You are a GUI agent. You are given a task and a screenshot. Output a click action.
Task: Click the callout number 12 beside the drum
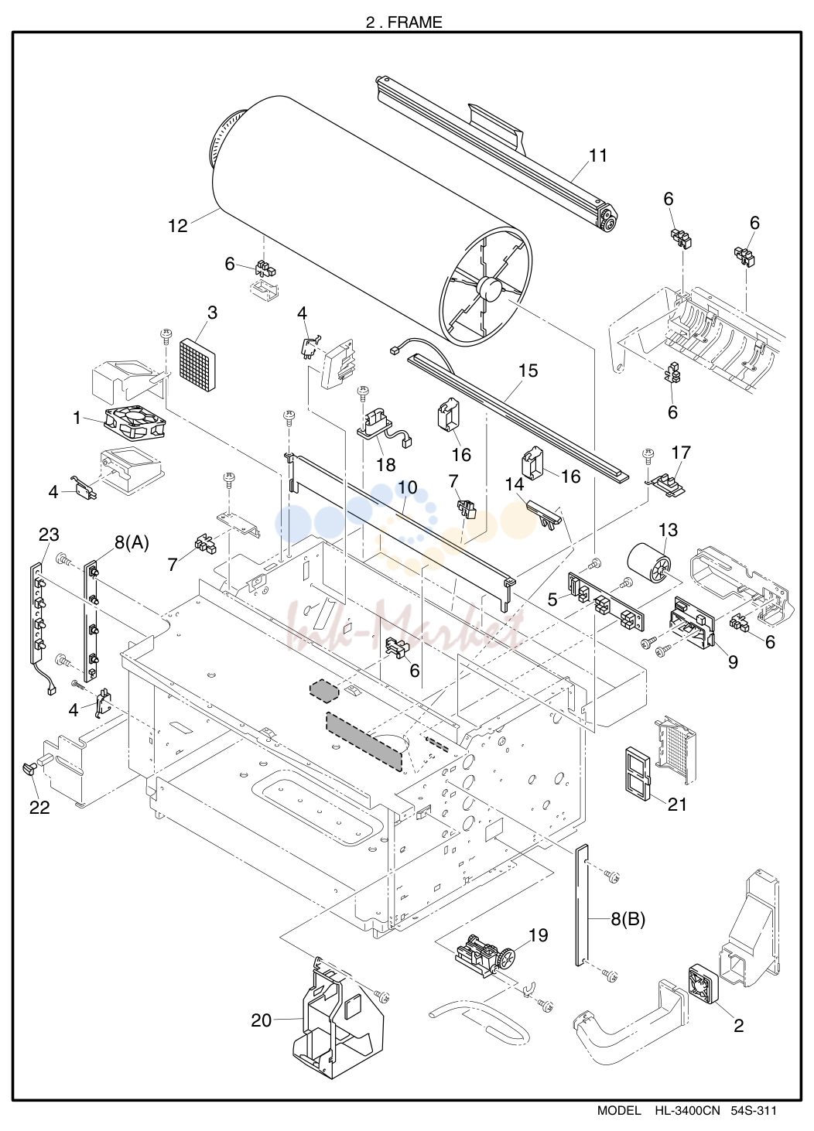[x=178, y=226]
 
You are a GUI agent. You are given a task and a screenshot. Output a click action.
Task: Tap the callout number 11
[x=598, y=155]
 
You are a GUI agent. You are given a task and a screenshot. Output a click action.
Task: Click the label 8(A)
[x=132, y=543]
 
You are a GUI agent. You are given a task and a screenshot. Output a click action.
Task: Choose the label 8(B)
[x=628, y=920]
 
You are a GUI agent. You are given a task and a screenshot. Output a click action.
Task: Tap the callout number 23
[x=49, y=535]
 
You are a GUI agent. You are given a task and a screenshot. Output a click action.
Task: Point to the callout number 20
[x=262, y=1020]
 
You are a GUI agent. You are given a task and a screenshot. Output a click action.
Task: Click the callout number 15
[x=528, y=371]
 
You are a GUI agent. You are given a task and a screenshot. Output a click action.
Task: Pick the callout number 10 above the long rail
[x=408, y=487]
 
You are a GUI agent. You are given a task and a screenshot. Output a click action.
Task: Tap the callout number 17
[x=681, y=453]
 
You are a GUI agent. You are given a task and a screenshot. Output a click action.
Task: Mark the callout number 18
[x=386, y=464]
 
